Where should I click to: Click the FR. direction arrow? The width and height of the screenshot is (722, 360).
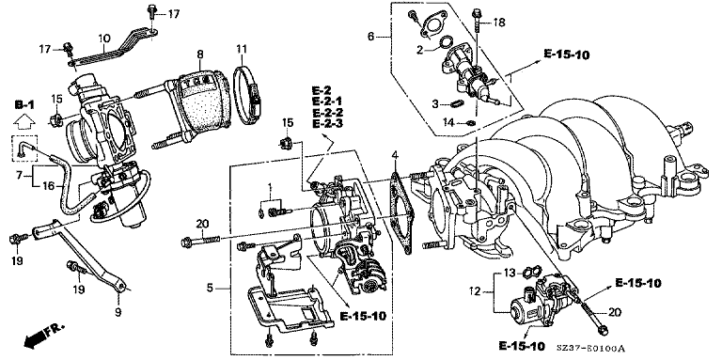(42, 336)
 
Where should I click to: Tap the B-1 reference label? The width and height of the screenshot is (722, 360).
(24, 105)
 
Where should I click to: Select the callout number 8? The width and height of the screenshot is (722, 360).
(200, 55)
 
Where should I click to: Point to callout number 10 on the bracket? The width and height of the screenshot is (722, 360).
(104, 39)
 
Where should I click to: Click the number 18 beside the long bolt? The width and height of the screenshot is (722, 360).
(499, 22)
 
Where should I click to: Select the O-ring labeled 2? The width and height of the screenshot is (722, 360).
(446, 42)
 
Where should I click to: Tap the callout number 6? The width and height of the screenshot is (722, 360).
(371, 36)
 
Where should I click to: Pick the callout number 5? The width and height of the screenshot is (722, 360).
(210, 289)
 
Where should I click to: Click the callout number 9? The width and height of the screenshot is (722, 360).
(118, 313)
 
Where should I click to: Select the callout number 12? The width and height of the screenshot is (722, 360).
(475, 292)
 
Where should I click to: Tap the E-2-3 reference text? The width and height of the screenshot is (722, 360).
(327, 124)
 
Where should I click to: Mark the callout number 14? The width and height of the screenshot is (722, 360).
(448, 121)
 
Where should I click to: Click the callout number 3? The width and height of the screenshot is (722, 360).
(435, 104)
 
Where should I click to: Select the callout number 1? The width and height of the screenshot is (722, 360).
(271, 187)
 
